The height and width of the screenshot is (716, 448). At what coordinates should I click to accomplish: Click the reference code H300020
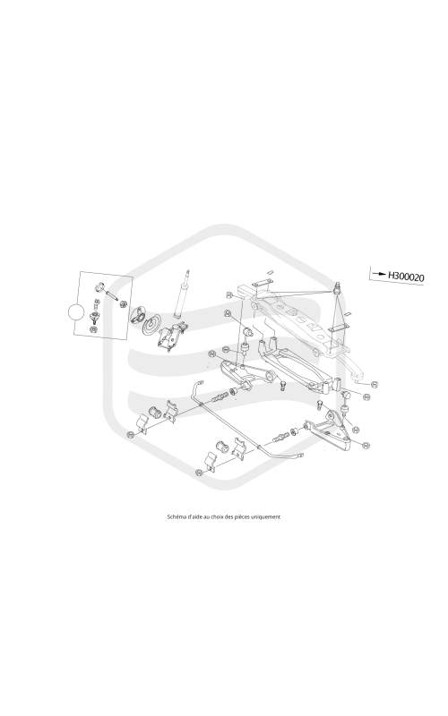[406, 277]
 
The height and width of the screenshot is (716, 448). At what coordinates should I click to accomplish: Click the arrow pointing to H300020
[378, 274]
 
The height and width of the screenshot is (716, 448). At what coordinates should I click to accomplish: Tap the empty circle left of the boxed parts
[76, 312]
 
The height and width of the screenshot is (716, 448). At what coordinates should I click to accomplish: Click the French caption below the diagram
[223, 517]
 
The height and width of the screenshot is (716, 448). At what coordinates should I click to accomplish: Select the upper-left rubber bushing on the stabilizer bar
[156, 413]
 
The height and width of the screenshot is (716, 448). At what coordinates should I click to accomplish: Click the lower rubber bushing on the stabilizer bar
[223, 446]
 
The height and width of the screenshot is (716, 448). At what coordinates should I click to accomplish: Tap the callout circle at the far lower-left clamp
[130, 435]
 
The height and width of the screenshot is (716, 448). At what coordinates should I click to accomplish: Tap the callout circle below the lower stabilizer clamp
[198, 473]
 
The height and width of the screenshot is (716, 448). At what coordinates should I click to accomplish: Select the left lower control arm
[245, 374]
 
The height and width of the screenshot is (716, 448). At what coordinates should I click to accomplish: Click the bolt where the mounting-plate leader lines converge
[337, 288]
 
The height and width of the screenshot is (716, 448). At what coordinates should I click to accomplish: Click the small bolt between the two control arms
[282, 386]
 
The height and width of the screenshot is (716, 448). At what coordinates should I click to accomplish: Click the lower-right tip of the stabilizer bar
[300, 455]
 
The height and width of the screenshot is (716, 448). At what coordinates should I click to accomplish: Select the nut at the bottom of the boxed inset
[94, 328]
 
